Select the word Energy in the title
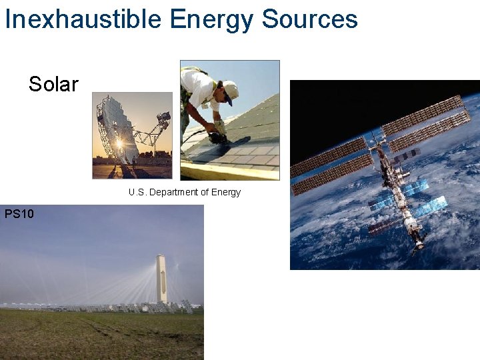(x=211, y=19)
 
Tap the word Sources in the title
(x=309, y=19)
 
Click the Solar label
(x=53, y=84)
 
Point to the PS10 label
(x=19, y=214)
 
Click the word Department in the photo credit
(x=175, y=192)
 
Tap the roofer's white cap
(x=230, y=89)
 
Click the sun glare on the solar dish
(x=119, y=144)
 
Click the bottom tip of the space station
(x=417, y=251)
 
